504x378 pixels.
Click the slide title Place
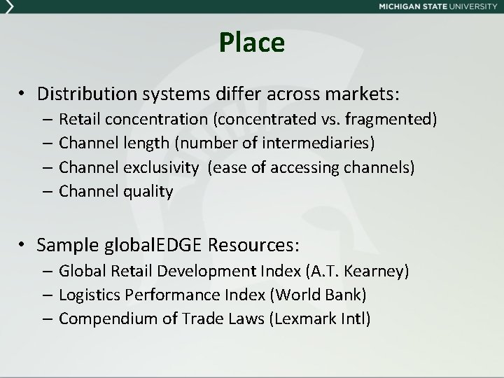[x=251, y=43]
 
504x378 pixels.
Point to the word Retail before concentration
[x=78, y=120]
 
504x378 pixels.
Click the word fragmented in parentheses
[x=393, y=120]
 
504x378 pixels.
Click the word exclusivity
[x=164, y=167]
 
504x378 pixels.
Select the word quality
[x=148, y=191]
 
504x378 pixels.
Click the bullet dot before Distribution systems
[x=24, y=94]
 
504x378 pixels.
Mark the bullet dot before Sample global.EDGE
[x=24, y=245]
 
